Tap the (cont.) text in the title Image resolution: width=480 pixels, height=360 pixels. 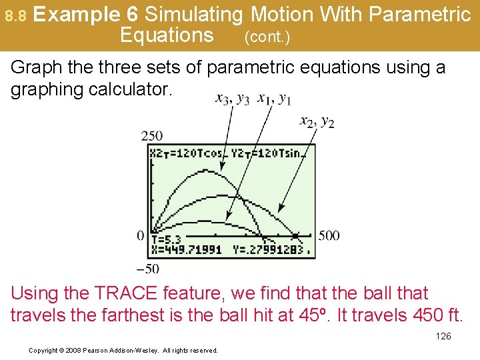[267, 37]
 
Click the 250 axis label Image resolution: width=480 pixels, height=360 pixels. [151, 136]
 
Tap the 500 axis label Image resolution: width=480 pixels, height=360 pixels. [328, 235]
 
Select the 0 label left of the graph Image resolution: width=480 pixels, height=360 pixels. [140, 235]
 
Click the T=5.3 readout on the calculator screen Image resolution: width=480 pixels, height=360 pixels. [167, 239]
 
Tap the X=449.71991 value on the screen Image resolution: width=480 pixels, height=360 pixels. [186, 251]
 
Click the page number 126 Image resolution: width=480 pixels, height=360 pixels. [443, 336]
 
